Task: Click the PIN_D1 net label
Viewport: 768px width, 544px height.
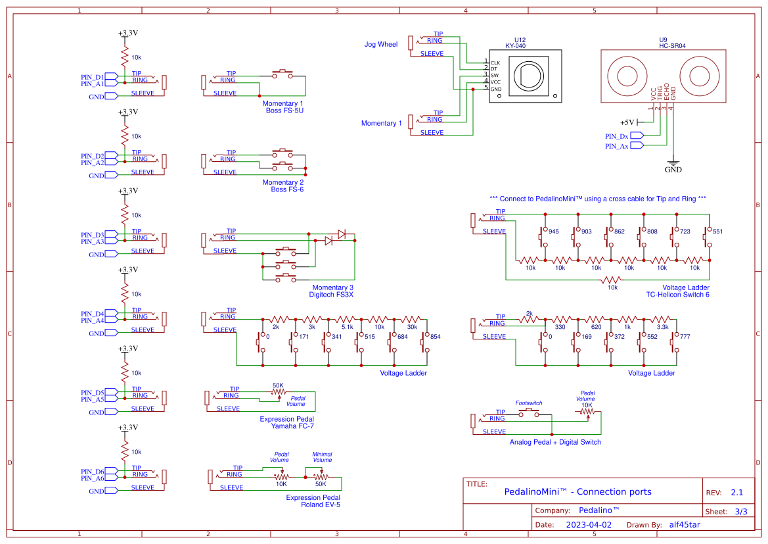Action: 93,77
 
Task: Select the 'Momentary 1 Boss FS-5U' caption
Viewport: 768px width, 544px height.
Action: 282,107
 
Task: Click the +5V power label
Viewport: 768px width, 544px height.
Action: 627,122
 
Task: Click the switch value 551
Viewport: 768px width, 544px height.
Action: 717,232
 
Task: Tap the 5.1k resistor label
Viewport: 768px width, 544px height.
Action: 347,326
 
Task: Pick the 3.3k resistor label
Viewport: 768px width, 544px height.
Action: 662,326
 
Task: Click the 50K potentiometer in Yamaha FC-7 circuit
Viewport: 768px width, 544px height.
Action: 278,393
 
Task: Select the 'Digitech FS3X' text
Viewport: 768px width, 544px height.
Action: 331,295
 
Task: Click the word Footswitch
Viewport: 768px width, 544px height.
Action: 529,403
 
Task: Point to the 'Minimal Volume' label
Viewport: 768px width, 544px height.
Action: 322,457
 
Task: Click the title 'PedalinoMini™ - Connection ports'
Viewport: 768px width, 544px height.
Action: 577,492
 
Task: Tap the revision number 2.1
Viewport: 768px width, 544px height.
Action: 736,493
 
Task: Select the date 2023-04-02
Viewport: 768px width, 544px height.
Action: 588,525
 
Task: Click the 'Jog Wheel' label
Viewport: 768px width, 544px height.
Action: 381,45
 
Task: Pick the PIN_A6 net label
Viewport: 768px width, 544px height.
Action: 93,478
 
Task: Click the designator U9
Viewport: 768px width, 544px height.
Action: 663,40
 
